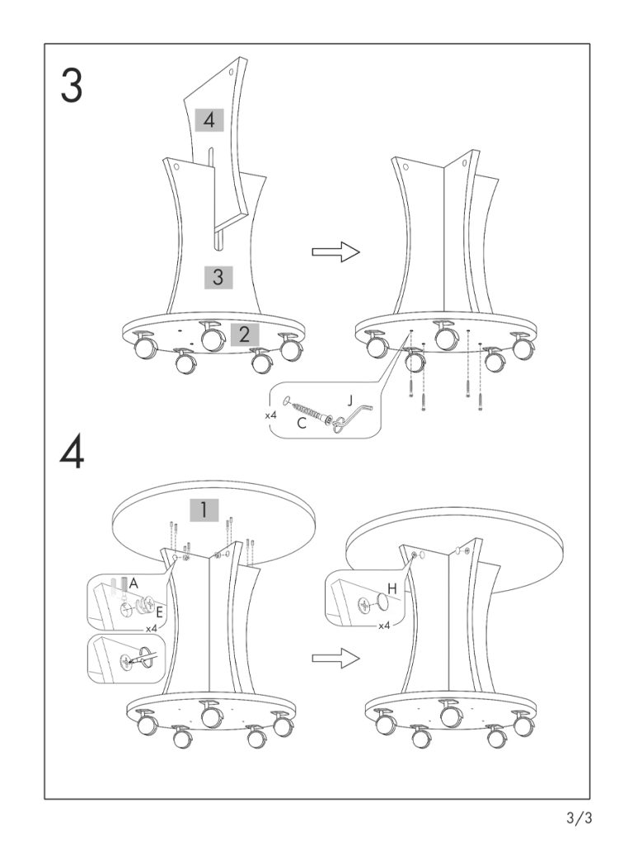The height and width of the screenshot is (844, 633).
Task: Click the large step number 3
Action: tap(72, 86)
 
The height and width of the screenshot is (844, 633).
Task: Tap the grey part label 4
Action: tap(209, 120)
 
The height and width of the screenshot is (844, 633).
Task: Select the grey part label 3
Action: tap(218, 277)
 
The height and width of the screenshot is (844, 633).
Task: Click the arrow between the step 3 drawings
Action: tap(336, 252)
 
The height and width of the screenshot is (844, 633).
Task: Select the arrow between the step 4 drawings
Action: tap(336, 657)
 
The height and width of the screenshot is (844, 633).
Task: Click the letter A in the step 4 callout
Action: tap(134, 583)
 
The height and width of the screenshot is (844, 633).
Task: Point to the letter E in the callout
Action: tap(159, 613)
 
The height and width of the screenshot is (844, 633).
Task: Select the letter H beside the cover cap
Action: tap(392, 588)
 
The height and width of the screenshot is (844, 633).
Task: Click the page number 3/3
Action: tap(579, 818)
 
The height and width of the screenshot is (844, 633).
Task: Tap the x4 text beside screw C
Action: tap(270, 415)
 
